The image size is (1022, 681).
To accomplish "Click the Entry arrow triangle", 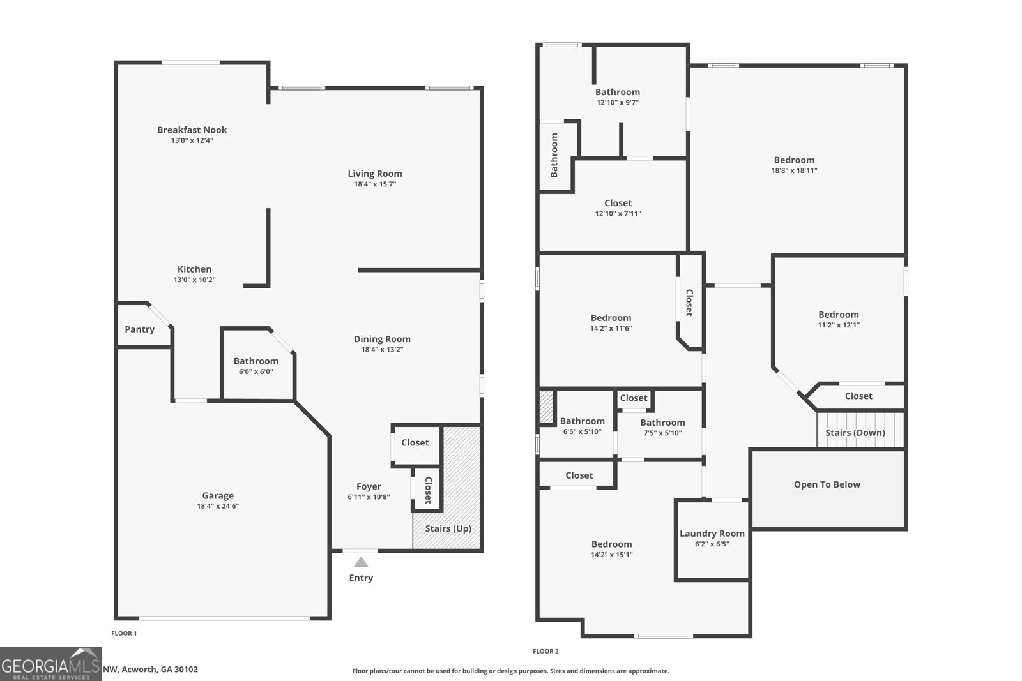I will point(361,562).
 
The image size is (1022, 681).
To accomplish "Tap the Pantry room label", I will point(139,329).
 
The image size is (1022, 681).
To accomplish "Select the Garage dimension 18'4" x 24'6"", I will point(218,506).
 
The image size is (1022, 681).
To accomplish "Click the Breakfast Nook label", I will point(192,130).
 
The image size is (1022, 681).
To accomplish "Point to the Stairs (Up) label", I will point(448,528).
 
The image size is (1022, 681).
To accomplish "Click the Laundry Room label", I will point(712,534).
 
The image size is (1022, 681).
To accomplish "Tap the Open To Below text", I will point(827,484).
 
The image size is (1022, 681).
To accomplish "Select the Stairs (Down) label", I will point(855,433).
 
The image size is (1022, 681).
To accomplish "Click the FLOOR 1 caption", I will point(124,634).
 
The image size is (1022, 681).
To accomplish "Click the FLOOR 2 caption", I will point(545,652).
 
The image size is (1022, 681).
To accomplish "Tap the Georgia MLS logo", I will point(50,664).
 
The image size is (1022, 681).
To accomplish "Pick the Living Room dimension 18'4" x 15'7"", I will point(375,184).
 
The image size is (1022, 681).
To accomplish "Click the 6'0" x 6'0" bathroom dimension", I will point(256,371).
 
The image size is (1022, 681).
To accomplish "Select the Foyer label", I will point(369,486).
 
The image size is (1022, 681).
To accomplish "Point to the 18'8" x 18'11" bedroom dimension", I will point(794,170).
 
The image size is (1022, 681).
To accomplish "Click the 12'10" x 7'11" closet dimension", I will point(618,214).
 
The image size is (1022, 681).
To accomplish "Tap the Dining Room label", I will point(382,339).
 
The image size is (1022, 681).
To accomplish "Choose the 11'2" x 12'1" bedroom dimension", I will point(839,325).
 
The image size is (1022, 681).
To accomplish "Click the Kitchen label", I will point(194,269).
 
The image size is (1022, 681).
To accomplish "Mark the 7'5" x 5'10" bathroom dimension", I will point(662,433).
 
